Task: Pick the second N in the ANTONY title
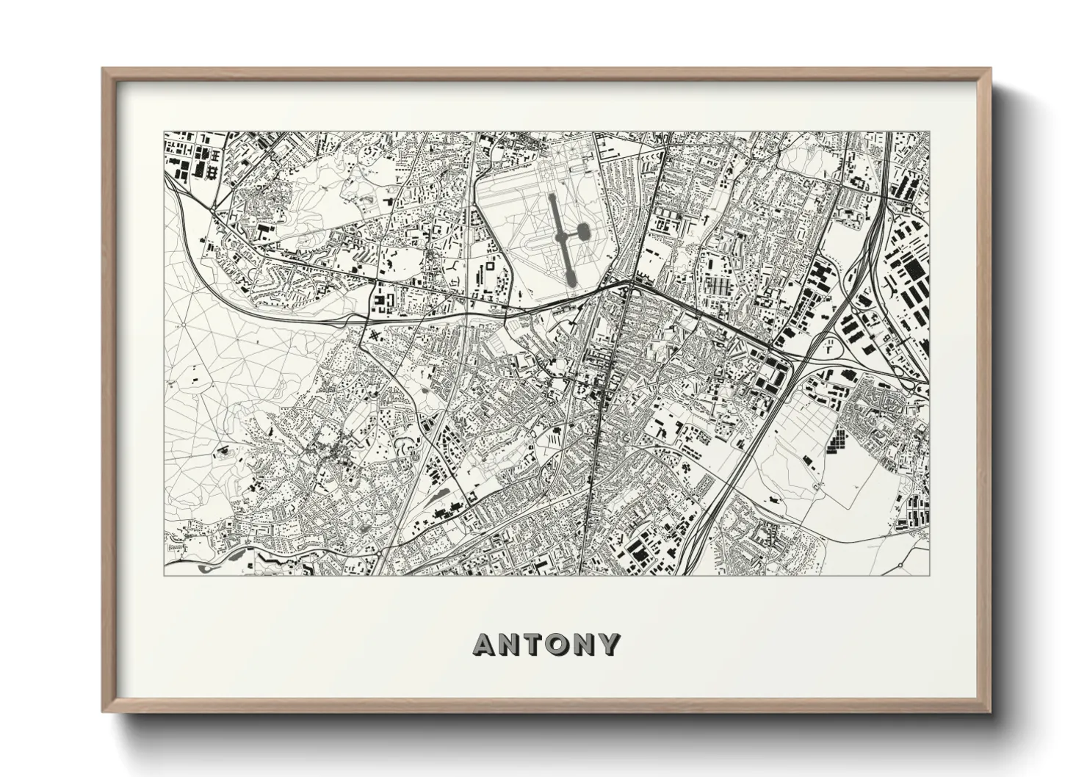pyautogui.click(x=585, y=645)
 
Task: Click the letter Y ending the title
pyautogui.click(x=610, y=645)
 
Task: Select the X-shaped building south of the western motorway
pyautogui.click(x=376, y=336)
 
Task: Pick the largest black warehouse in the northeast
pyautogui.click(x=914, y=275)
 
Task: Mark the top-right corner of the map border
pyautogui.click(x=929, y=132)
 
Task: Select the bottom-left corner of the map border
pyautogui.click(x=164, y=575)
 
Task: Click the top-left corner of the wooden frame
pyautogui.click(x=103, y=68)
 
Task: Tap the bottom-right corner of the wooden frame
pyautogui.click(x=991, y=712)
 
